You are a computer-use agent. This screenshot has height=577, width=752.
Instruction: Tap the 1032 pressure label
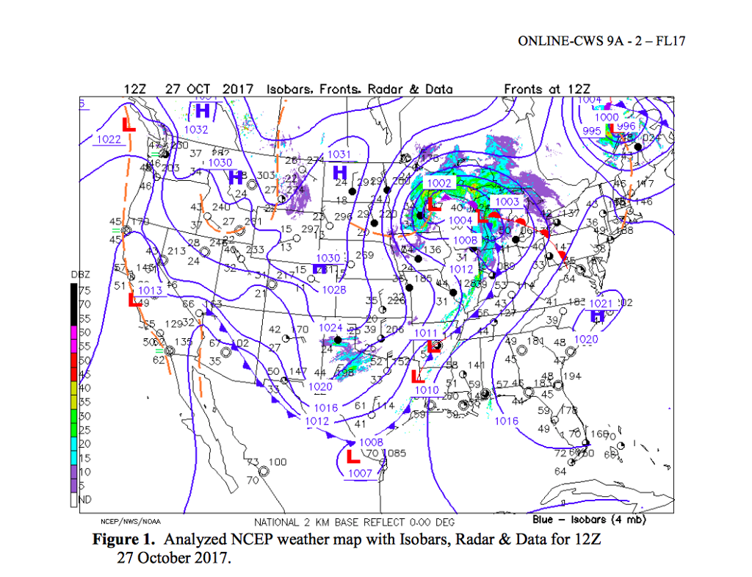pos(196,129)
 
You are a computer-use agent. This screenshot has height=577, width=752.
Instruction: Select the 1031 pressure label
pos(339,154)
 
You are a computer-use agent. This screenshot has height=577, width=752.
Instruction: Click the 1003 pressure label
pos(507,202)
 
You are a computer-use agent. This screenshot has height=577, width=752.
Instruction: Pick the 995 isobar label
pos(592,131)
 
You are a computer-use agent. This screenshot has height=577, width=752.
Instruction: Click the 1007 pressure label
pos(361,473)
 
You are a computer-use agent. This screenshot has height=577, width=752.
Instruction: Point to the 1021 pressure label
pos(601,304)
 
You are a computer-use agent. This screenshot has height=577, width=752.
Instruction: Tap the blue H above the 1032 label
pos(203,111)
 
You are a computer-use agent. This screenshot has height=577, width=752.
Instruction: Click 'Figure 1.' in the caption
pos(123,540)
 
